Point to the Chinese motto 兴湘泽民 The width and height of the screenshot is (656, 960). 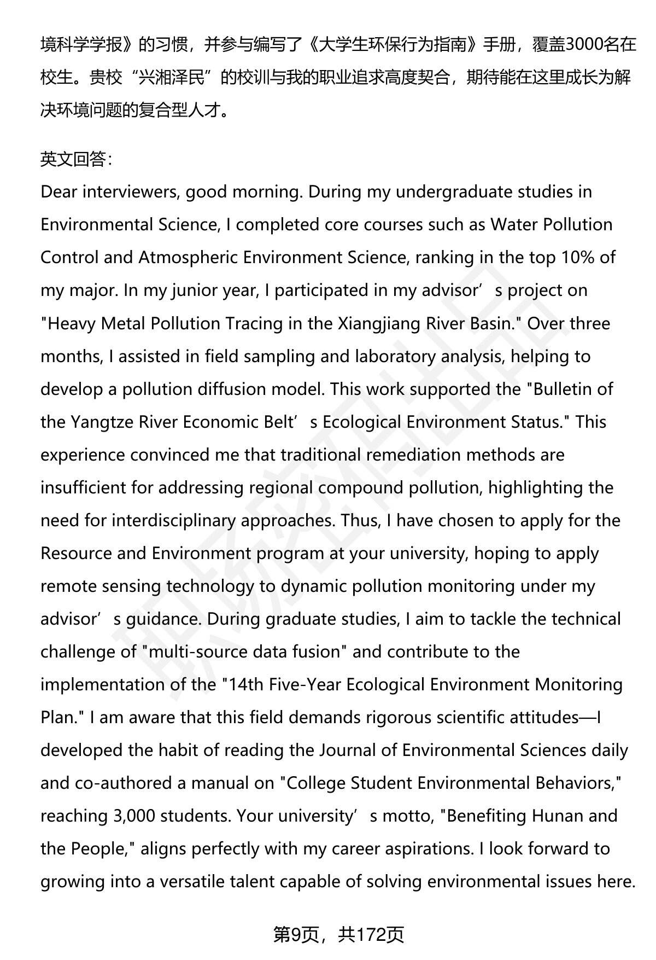(175, 78)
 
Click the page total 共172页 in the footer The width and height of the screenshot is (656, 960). (371, 935)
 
